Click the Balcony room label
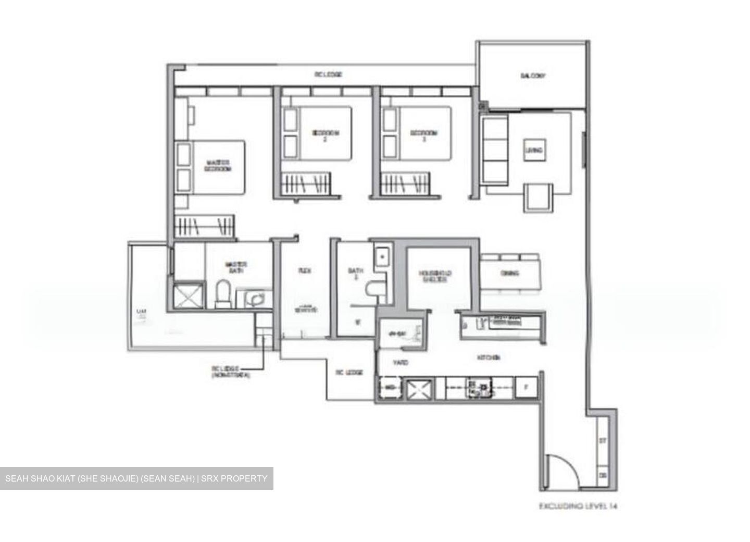(x=533, y=76)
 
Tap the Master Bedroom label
(x=218, y=166)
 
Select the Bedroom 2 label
(x=326, y=135)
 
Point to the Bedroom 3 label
(x=423, y=135)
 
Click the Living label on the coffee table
(x=534, y=151)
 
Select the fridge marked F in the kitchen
(x=526, y=387)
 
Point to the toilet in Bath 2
(x=374, y=290)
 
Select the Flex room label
(x=305, y=271)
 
